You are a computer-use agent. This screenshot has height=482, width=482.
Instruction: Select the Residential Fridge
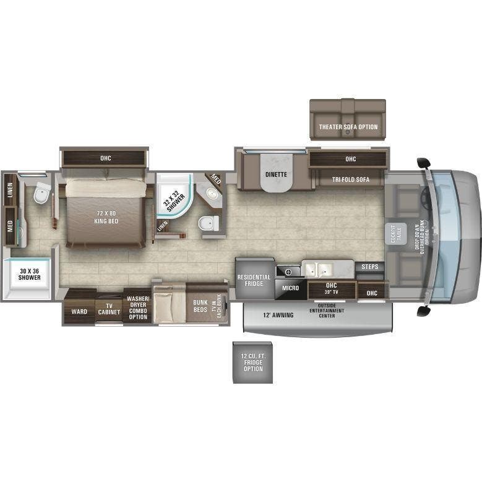tap(254, 280)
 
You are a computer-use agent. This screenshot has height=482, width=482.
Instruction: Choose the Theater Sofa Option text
tap(348, 127)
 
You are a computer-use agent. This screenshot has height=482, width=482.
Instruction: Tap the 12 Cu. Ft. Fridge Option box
tap(252, 361)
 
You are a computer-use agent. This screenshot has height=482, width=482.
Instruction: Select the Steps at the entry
tap(370, 267)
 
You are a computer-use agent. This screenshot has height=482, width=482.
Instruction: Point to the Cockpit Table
tap(392, 232)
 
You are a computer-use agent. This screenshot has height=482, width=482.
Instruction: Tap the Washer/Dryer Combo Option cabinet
tap(137, 308)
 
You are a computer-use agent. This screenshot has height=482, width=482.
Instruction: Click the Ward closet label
tap(79, 311)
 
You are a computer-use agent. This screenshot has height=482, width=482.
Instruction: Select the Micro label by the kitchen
tap(290, 288)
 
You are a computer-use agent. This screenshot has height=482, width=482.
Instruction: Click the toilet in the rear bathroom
tap(41, 193)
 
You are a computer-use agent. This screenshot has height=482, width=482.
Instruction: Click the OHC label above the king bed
tap(105, 158)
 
